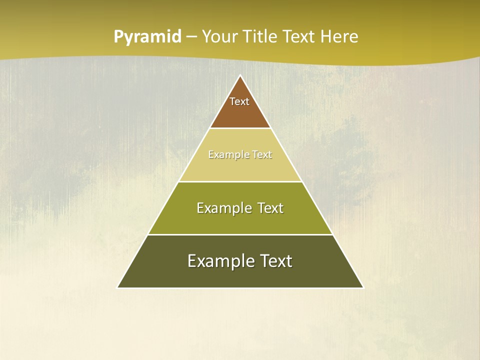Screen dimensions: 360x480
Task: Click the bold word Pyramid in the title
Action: pyautogui.click(x=147, y=37)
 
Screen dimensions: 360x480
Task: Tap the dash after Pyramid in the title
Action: pyautogui.click(x=191, y=37)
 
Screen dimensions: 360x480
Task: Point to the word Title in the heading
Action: pyautogui.click(x=261, y=37)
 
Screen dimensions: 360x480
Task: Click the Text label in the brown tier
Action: pyautogui.click(x=239, y=101)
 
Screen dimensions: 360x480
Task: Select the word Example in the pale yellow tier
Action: pyautogui.click(x=227, y=155)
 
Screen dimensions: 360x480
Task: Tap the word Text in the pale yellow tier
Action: pyautogui.click(x=261, y=155)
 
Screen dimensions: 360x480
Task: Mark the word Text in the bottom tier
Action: pyautogui.click(x=273, y=261)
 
